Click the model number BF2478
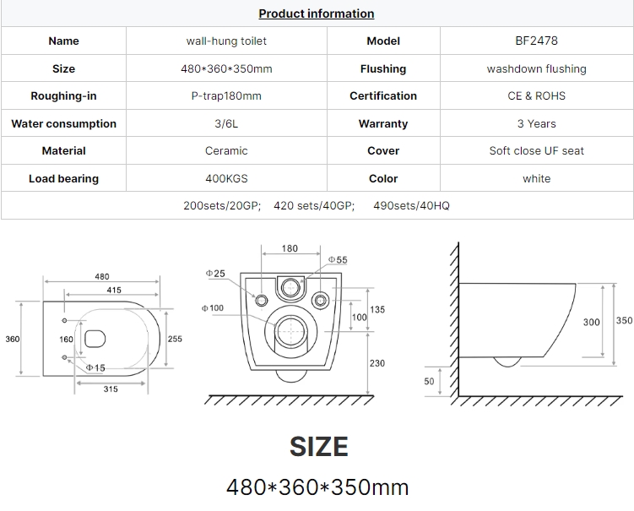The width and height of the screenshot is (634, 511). (x=536, y=41)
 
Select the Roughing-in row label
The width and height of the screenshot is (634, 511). (x=63, y=96)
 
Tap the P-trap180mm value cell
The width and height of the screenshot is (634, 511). (x=226, y=96)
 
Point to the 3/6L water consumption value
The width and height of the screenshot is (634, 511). (x=226, y=123)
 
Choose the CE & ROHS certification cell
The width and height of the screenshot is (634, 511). (x=537, y=96)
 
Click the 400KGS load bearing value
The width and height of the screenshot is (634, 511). (x=226, y=178)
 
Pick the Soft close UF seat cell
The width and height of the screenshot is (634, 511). (x=537, y=151)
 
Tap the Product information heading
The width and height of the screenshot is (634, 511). (x=317, y=14)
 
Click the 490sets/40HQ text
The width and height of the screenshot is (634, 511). (x=411, y=205)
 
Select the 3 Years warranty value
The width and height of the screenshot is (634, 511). (x=537, y=123)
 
